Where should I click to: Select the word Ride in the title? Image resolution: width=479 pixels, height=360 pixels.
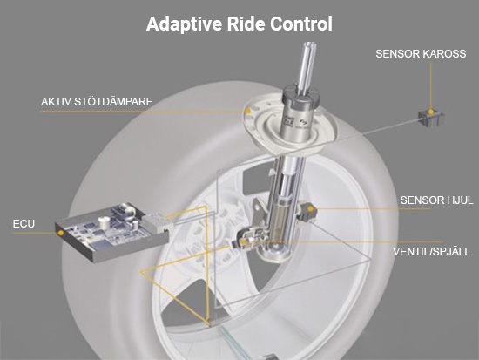[246, 24]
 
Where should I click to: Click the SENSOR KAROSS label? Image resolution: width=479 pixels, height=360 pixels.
[421, 54]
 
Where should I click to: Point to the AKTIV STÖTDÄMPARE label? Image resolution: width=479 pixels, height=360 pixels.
[97, 101]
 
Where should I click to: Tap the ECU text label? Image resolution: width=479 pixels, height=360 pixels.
[24, 224]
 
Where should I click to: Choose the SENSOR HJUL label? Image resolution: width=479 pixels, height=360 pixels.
[436, 200]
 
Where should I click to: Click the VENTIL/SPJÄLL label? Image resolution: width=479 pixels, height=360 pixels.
[431, 252]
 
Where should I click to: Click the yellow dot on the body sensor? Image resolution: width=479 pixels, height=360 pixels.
[431, 112]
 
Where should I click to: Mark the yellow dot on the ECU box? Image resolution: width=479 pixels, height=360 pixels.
[61, 233]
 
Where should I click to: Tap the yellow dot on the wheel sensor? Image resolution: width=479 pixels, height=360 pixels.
[310, 209]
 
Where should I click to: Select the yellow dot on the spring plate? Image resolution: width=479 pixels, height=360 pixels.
[249, 111]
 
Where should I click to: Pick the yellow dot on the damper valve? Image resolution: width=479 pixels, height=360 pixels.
[243, 242]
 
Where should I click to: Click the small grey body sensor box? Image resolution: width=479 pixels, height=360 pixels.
[431, 117]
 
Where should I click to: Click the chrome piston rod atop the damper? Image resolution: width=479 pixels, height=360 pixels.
[307, 67]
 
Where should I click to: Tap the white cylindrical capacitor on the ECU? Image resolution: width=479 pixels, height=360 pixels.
[105, 222]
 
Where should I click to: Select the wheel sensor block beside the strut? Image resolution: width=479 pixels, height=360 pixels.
[307, 211]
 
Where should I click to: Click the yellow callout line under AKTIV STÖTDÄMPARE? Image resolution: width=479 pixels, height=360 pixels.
[144, 112]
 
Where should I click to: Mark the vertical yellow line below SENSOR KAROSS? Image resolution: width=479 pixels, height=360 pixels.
[431, 85]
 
